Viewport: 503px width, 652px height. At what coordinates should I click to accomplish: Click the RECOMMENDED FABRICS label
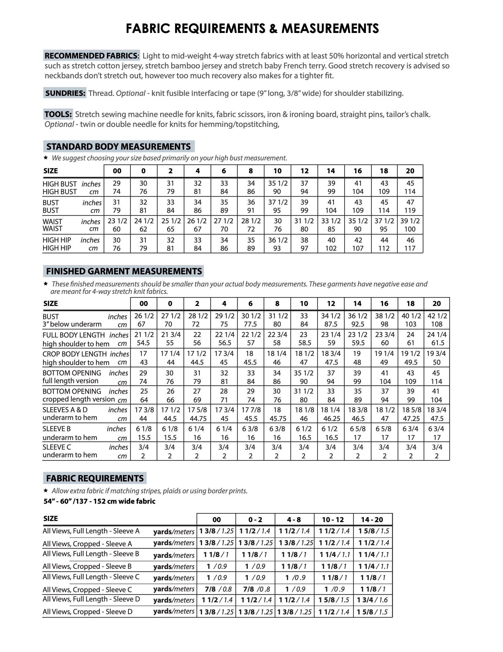point(92,55)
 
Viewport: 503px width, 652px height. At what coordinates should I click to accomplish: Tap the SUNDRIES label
point(65,93)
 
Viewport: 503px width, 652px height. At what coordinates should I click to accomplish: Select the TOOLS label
point(58,114)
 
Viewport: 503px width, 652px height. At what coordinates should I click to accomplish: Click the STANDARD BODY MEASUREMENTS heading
point(118,147)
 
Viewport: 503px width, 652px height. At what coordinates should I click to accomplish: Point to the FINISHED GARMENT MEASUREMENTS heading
point(124,271)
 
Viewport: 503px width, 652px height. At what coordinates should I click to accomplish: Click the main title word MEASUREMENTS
point(330,29)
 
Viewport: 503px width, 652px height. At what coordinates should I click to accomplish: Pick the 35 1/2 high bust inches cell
point(278,183)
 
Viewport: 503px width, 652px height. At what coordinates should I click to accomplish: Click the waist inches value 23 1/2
point(117,221)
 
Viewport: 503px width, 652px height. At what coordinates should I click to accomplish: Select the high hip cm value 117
point(410,248)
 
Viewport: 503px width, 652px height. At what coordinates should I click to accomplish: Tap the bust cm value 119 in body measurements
point(410,210)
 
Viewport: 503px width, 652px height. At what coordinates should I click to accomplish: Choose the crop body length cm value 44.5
point(197,362)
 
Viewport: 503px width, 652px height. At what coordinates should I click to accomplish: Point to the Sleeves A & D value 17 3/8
point(144,410)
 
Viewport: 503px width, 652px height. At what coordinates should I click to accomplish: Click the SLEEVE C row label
point(57,447)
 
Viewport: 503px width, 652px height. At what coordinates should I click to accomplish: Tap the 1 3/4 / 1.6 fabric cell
point(372,600)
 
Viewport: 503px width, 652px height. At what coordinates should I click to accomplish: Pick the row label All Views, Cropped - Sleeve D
point(87,612)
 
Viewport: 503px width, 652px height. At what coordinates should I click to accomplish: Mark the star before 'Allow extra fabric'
point(46,491)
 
